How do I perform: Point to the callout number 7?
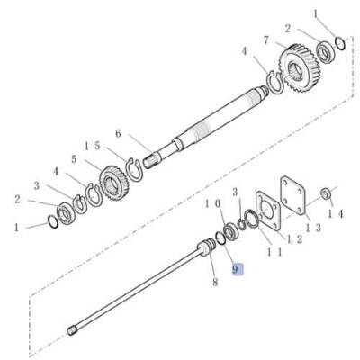(267, 40)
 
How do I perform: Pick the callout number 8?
(214, 282)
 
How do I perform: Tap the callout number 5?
(75, 160)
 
